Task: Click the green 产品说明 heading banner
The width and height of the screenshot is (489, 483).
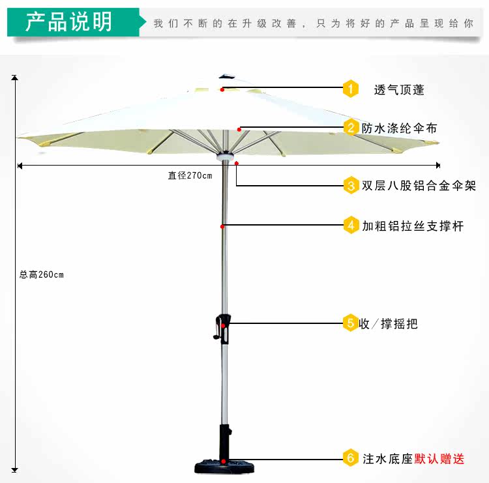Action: click(x=73, y=22)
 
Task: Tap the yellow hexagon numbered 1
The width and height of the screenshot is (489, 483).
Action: click(x=351, y=88)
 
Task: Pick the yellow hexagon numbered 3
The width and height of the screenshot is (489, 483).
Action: click(x=351, y=186)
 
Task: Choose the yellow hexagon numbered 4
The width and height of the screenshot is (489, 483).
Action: click(x=351, y=226)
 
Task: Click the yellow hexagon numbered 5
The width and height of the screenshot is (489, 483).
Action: click(x=351, y=323)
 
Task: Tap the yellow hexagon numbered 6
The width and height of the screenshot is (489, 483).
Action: click(x=351, y=458)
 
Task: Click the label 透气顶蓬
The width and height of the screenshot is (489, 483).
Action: click(x=399, y=89)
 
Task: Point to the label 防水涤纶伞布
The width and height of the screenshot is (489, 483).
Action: click(x=400, y=128)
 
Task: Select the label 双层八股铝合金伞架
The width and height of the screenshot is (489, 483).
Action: click(x=419, y=186)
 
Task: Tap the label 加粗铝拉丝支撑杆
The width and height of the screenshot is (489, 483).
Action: click(x=413, y=226)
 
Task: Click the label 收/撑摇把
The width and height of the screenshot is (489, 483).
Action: click(x=389, y=323)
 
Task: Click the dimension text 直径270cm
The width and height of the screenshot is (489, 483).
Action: click(x=190, y=175)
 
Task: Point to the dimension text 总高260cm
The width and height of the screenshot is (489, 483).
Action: click(x=42, y=274)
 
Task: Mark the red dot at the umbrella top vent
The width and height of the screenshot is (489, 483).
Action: click(x=222, y=89)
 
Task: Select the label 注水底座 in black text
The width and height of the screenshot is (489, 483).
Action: click(x=388, y=458)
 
